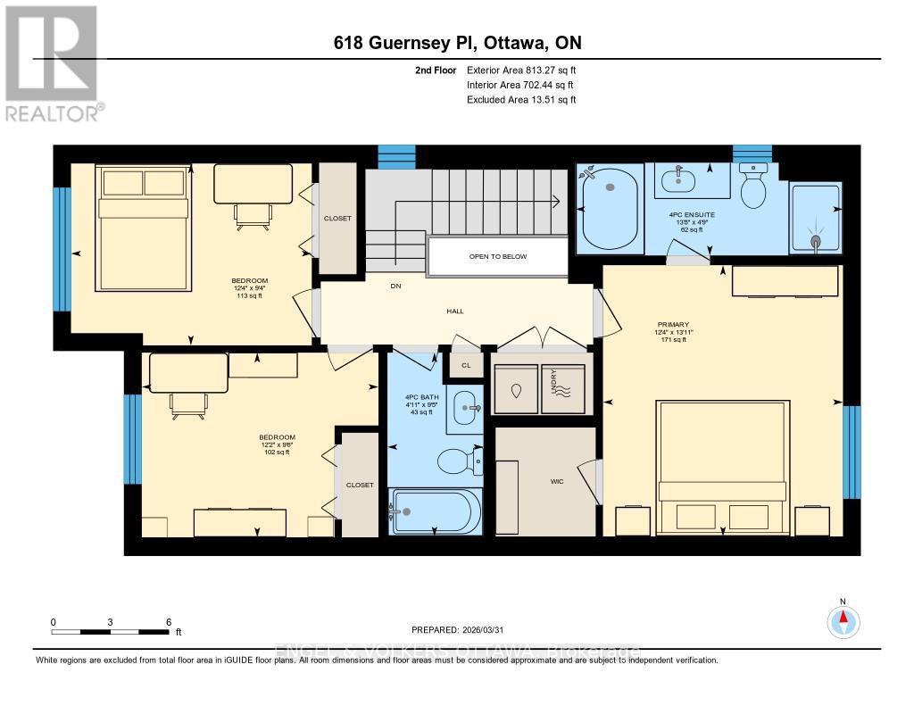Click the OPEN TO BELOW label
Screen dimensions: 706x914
pyautogui.click(x=498, y=257)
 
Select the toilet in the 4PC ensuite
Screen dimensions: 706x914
pyautogui.click(x=754, y=188)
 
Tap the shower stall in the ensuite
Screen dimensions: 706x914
pyautogui.click(x=815, y=218)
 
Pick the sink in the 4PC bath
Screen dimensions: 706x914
pyautogui.click(x=464, y=409)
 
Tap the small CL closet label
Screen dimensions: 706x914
pyautogui.click(x=465, y=365)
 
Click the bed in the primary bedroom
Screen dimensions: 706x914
pyautogui.click(x=721, y=468)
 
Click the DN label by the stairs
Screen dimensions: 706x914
pyautogui.click(x=396, y=287)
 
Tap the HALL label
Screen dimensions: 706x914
pyautogui.click(x=455, y=311)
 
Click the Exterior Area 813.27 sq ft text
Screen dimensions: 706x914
pyautogui.click(x=516, y=70)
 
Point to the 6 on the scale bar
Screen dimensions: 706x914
pyautogui.click(x=169, y=622)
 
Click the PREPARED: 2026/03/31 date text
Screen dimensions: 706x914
pyautogui.click(x=461, y=628)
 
